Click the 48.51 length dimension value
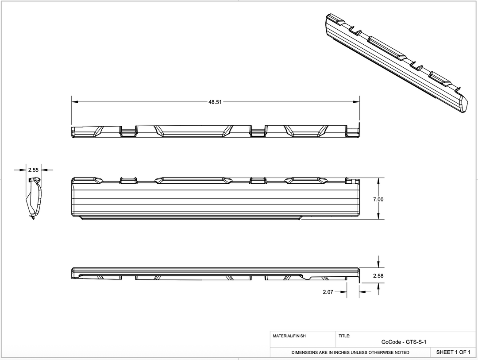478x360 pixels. [215, 102]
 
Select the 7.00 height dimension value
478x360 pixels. [378, 200]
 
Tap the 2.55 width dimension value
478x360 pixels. [33, 170]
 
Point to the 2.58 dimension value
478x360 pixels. [378, 276]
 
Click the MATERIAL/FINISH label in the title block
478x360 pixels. [289, 336]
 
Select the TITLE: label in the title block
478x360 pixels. [344, 336]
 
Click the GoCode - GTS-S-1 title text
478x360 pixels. [404, 342]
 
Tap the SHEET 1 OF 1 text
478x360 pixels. [453, 352]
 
